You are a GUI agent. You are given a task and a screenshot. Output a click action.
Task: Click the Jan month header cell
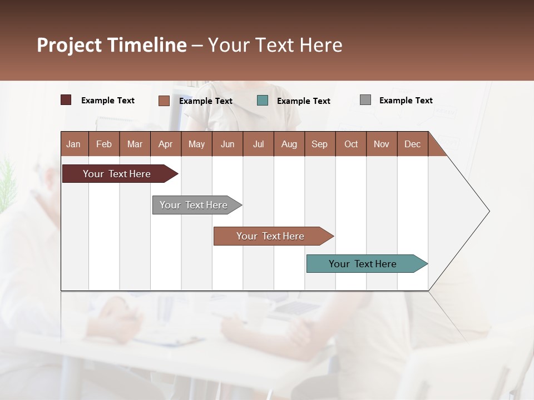tap(74, 144)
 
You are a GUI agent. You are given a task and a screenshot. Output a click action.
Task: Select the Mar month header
tap(135, 144)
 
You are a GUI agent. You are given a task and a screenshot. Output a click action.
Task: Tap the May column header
tap(196, 144)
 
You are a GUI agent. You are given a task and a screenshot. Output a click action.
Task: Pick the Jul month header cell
tap(258, 144)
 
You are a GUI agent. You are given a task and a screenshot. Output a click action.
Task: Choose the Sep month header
tap(319, 144)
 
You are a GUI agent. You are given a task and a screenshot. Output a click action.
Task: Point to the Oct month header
tap(351, 144)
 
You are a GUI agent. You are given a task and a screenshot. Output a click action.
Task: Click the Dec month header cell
tap(412, 144)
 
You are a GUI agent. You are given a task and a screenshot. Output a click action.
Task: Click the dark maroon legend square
tap(66, 100)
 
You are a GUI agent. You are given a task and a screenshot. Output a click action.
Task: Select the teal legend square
tap(263, 100)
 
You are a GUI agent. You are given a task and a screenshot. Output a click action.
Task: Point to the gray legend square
tap(365, 100)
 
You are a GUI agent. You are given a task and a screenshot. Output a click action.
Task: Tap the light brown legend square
tap(164, 101)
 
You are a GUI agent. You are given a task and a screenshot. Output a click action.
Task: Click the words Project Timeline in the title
tap(112, 45)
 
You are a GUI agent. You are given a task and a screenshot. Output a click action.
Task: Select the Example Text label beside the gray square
tap(406, 101)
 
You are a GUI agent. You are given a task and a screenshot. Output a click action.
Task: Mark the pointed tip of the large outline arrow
tap(488, 211)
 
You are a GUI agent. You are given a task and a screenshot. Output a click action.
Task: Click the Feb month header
tap(104, 144)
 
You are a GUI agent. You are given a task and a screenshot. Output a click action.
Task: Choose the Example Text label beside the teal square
tap(303, 101)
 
